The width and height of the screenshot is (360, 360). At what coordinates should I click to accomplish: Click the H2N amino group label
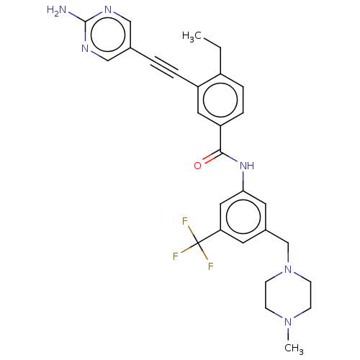point(56,11)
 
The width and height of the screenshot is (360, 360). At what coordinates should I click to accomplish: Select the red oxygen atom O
point(197,166)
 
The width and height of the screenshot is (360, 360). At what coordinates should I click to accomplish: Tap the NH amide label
point(247,166)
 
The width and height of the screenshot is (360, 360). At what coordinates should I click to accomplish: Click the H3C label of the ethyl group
point(192,37)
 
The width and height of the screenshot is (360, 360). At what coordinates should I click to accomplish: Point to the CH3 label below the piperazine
point(294,348)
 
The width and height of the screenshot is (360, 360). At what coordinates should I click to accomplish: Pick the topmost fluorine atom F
point(185,221)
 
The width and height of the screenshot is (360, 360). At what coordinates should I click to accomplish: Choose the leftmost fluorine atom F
point(176,256)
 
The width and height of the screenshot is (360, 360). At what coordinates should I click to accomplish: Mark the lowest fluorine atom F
point(211,266)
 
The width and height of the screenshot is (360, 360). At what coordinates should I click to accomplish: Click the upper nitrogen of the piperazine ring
point(288,269)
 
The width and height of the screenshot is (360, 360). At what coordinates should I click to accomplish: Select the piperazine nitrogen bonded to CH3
point(288,322)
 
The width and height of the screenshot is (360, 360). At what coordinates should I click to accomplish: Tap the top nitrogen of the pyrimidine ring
point(108,9)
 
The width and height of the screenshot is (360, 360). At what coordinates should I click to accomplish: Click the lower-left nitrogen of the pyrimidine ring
point(85,49)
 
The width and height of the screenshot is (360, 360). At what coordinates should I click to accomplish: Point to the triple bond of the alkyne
point(164,67)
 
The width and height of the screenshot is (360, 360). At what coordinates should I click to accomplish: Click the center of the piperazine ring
point(288,295)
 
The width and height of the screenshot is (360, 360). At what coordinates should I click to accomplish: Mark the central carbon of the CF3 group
point(198,243)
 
